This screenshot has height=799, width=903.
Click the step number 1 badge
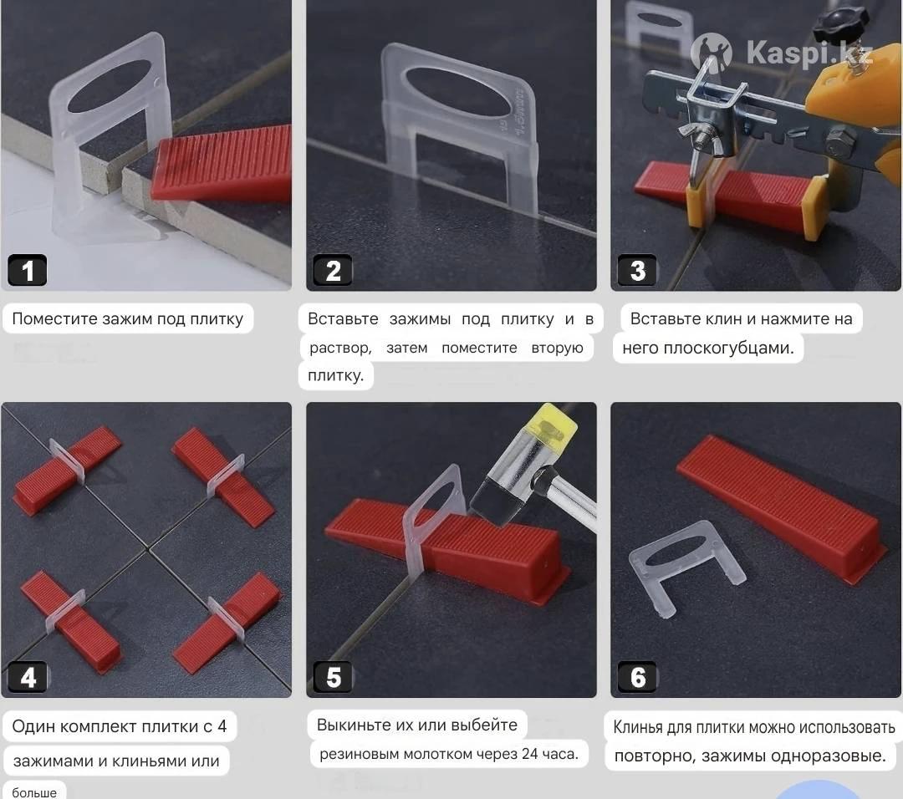(27, 270)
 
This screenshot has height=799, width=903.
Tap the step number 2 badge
(332, 270)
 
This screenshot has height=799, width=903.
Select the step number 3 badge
(637, 270)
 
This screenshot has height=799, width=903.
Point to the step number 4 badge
(27, 677)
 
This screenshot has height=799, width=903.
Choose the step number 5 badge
(332, 677)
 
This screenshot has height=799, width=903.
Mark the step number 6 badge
(637, 677)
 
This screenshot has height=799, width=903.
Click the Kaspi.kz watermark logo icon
(712, 53)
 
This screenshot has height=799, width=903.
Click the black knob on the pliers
(841, 23)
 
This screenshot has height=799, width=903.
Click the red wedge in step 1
(222, 164)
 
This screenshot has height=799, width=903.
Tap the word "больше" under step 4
(34, 792)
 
